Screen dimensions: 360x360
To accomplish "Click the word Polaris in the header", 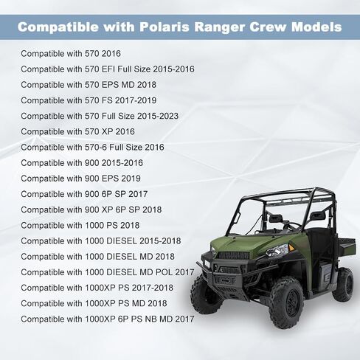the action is [x=165, y=27].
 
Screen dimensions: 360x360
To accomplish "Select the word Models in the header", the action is [x=316, y=27].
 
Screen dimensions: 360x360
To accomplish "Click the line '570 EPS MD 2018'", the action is [x=89, y=85].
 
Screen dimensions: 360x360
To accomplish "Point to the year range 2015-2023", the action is [x=158, y=116].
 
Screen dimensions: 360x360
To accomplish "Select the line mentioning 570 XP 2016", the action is [x=77, y=131].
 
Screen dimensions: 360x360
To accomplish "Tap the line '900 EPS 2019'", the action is [x=80, y=179].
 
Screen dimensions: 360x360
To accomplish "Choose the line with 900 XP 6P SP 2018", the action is [x=91, y=210].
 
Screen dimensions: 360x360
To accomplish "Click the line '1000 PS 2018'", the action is [x=80, y=225].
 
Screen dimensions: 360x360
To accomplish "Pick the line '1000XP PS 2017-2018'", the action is [x=97, y=288].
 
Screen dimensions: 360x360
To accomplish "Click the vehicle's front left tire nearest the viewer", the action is [x=286, y=303].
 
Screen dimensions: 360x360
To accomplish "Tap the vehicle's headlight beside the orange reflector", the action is [x=277, y=252].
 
